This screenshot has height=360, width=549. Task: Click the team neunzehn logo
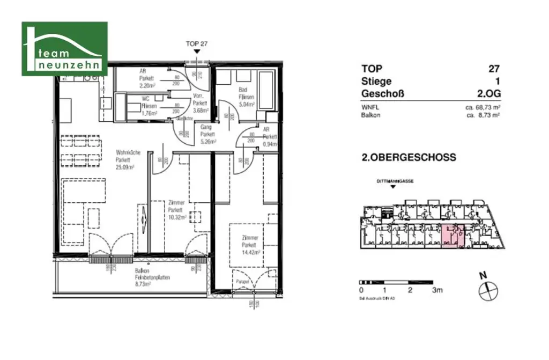pos(64,49)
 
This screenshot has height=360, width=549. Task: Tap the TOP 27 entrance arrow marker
pos(197,52)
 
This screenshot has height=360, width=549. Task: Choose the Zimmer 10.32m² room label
pos(176,210)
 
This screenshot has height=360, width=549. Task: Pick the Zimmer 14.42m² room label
pos(250,245)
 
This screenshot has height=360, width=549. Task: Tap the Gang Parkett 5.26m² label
pos(207,135)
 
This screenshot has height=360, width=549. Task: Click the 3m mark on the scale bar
pos(437,290)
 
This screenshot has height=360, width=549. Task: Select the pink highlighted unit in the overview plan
pos(450,237)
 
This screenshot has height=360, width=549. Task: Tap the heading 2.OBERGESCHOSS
pos(409,158)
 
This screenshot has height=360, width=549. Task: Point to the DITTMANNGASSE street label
pos(396,181)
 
